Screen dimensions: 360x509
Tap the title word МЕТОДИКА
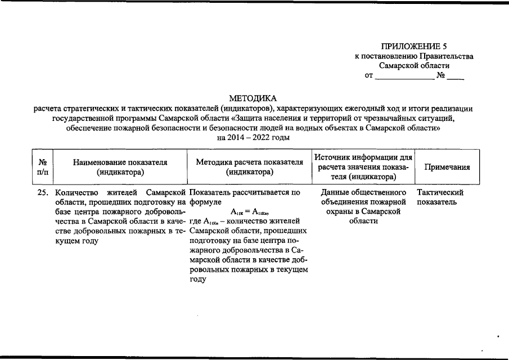(253, 98)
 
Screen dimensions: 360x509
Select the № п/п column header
(42, 167)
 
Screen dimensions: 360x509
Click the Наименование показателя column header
(120, 167)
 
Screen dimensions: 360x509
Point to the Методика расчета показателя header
(249, 167)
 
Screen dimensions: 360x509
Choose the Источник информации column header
(363, 167)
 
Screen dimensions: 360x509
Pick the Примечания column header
(447, 167)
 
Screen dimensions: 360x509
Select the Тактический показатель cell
(440, 197)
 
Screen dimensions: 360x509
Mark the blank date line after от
(404, 76)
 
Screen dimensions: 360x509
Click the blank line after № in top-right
(456, 76)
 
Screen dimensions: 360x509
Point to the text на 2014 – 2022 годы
(253, 138)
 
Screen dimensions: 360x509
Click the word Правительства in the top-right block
(446, 56)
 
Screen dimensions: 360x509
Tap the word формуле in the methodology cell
(205, 202)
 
